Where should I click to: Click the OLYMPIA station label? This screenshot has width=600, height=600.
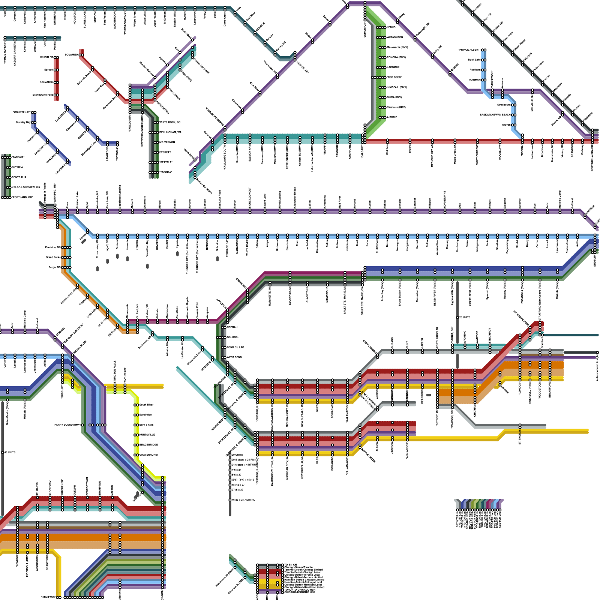click(x=17, y=167)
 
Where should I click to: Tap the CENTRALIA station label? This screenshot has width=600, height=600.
click(x=19, y=177)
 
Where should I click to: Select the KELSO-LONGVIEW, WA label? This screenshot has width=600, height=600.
click(x=26, y=187)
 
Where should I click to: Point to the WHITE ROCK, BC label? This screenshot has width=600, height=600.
click(x=170, y=122)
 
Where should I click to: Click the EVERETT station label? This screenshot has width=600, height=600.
click(x=165, y=152)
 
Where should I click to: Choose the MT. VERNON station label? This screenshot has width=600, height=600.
click(x=167, y=142)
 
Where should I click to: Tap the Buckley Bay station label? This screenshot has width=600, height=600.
click(x=23, y=122)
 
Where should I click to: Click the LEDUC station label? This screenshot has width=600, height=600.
click(x=391, y=27)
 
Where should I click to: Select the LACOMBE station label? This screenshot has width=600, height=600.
click(x=393, y=67)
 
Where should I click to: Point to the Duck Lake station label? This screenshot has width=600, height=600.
click(x=474, y=60)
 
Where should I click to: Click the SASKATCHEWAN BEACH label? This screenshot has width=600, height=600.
click(x=495, y=115)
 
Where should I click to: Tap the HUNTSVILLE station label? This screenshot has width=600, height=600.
click(x=147, y=435)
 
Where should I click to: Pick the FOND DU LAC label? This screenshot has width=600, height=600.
click(x=235, y=347)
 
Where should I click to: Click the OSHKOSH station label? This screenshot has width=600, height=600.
click(x=233, y=337)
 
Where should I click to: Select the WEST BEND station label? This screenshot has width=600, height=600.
click(x=234, y=357)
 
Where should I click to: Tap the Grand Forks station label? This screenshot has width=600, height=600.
click(x=53, y=257)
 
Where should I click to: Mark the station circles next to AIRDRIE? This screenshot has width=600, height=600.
click(x=382, y=117)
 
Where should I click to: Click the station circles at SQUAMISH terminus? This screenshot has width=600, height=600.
click(x=81, y=55)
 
